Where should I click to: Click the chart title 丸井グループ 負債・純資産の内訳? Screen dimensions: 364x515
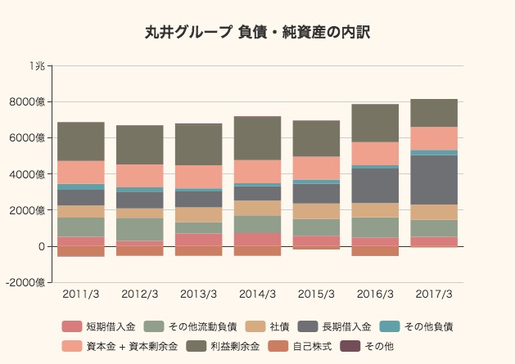[x=257, y=33]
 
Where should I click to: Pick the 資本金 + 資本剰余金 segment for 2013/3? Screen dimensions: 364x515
[x=198, y=177]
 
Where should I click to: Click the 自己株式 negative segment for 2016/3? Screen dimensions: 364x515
[x=375, y=251]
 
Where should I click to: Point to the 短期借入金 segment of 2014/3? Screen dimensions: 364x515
[x=257, y=240]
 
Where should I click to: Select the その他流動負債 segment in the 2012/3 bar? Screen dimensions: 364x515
[x=139, y=229]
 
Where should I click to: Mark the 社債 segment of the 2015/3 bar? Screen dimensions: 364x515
[x=316, y=211]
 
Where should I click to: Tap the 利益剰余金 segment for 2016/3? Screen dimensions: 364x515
[x=375, y=123]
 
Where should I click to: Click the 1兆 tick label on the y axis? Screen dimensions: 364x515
[x=38, y=65]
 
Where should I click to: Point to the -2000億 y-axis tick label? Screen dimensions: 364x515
[x=29, y=282]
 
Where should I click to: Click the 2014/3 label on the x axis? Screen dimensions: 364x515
[x=257, y=294]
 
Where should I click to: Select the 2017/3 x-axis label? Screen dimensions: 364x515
[x=434, y=294]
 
